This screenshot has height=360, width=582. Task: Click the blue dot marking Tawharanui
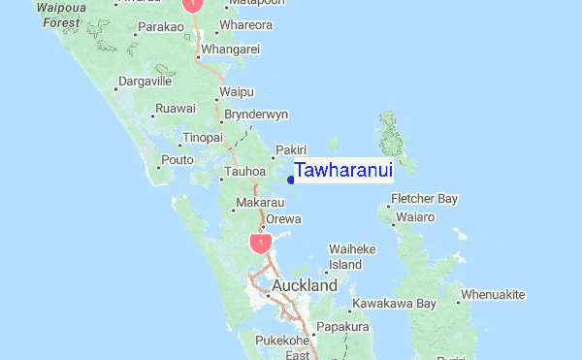291,180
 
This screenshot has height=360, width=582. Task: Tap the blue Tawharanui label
343,171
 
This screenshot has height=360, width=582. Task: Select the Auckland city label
305,286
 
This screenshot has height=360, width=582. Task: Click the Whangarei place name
231,49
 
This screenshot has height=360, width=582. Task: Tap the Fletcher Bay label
424,199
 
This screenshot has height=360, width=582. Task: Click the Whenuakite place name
493,294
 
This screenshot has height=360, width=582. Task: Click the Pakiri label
291,149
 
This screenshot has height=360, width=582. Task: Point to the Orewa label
284,219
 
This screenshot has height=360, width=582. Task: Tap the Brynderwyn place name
256,115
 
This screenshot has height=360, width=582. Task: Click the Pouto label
178,160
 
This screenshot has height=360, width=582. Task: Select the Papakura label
345,327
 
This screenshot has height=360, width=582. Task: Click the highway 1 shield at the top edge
193,5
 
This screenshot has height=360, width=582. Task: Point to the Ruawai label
176,107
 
